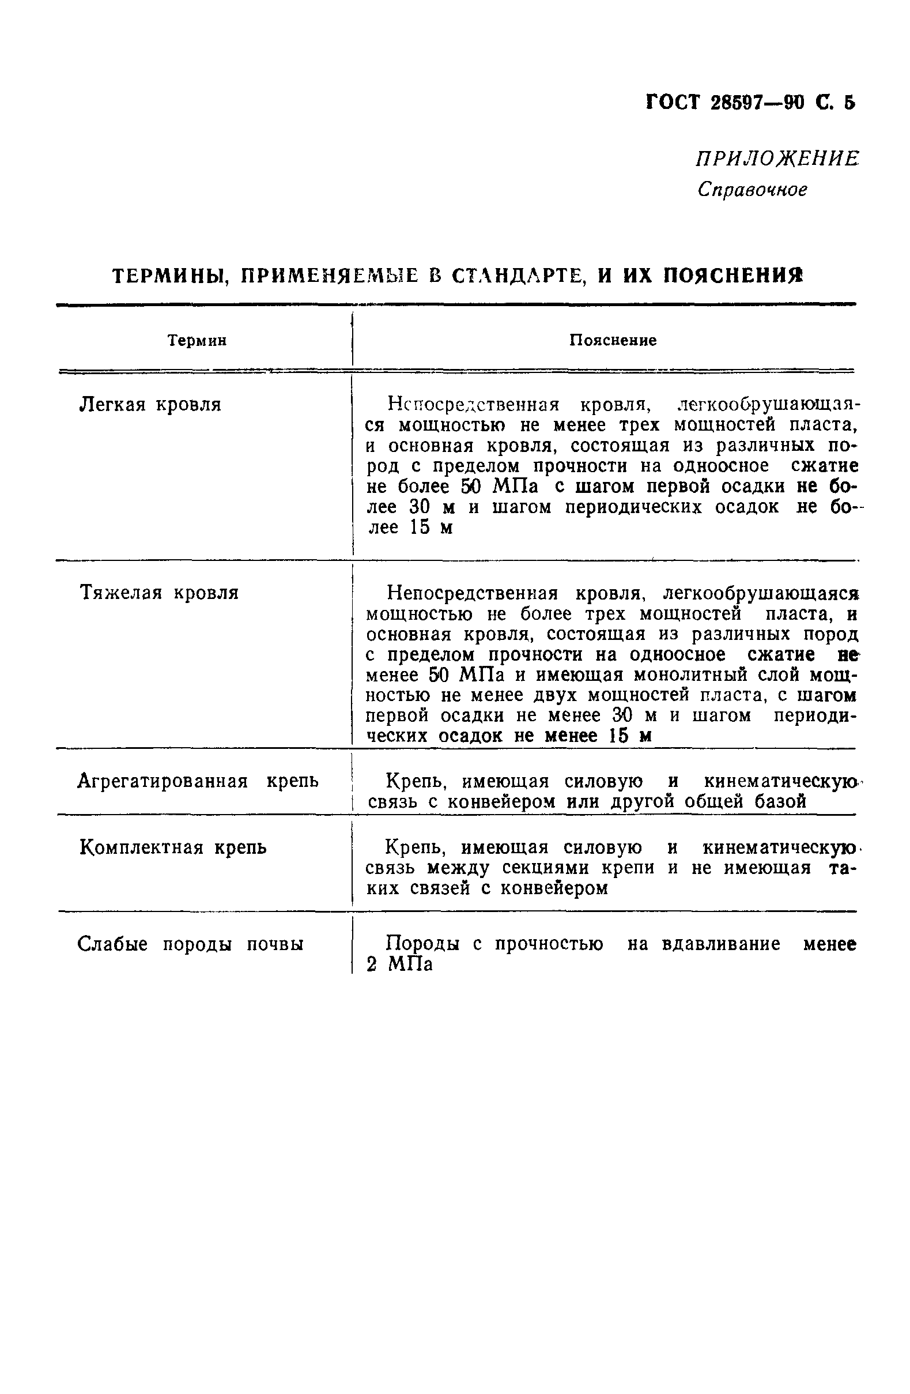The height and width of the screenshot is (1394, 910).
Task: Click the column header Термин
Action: pos(197,341)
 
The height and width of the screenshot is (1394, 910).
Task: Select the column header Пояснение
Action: pos(613,341)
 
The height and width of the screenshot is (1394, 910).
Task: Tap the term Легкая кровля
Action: pos(150,405)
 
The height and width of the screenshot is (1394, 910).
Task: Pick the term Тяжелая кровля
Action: pos(158,593)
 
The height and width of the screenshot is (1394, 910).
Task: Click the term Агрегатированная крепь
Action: pos(198,781)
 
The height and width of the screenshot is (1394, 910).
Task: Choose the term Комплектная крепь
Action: pos(173,847)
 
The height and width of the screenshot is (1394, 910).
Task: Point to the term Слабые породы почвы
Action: pos(190,944)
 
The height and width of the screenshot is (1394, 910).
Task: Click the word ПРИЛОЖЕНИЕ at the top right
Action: pos(777,159)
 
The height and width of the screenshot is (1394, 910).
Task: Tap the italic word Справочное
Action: pos(753,190)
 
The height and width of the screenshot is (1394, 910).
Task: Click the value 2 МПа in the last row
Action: pos(399,965)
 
